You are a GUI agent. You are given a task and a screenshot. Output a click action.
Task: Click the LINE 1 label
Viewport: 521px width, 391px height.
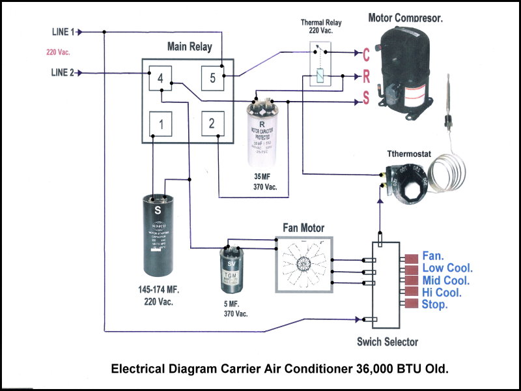[x=64, y=31]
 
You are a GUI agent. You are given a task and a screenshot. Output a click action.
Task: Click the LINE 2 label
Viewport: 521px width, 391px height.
[x=64, y=72]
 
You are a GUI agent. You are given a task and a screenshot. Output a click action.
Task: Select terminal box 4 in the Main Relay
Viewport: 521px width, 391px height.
[x=160, y=79]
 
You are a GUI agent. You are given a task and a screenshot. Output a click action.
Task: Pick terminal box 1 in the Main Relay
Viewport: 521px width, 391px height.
[x=160, y=124]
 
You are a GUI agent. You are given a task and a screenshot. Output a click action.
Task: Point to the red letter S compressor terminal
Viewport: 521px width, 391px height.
[x=366, y=98]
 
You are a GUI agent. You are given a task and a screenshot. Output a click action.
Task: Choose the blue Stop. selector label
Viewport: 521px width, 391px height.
[x=435, y=304]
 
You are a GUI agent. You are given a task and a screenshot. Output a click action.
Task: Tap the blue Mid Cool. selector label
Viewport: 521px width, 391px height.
[x=445, y=280]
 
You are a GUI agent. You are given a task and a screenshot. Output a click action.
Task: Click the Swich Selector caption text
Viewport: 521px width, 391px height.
[x=387, y=342]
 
